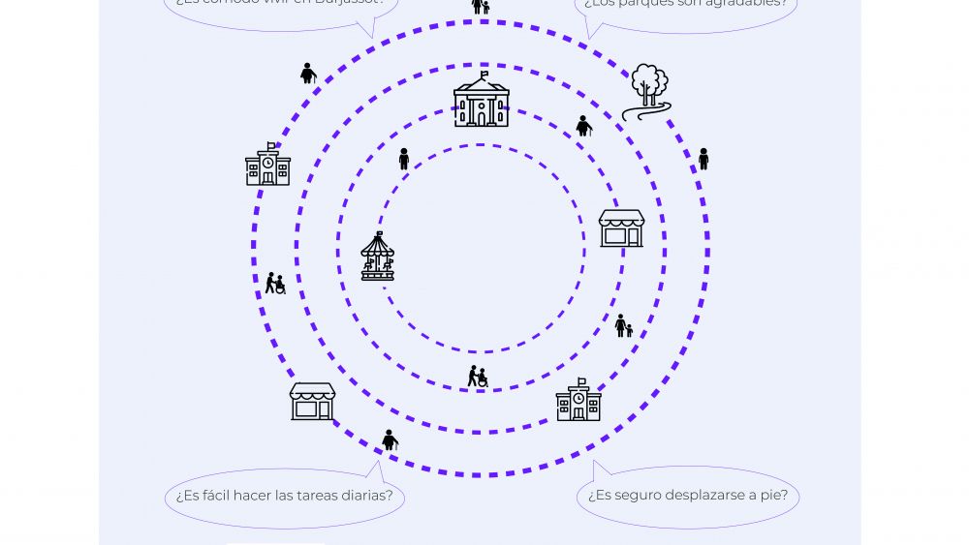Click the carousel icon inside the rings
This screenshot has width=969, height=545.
[378, 257]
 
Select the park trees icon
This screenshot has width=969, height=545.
[649, 85]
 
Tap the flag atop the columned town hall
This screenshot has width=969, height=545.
[484, 74]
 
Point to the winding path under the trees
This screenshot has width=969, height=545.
[644, 111]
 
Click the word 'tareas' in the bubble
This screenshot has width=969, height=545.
[312, 496]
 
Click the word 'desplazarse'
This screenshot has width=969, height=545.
[711, 496]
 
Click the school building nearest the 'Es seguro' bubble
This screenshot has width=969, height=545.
[578, 401]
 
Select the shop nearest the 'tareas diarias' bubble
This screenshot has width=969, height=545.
[312, 401]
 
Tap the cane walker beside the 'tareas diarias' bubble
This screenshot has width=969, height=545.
[390, 440]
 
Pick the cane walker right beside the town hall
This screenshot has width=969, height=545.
[583, 126]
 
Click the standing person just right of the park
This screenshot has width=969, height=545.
[703, 159]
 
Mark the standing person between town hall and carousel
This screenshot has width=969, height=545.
[404, 159]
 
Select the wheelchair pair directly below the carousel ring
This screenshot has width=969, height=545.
[478, 377]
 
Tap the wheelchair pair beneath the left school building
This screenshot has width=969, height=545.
[275, 284]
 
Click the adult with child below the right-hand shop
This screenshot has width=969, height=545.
[623, 326]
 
